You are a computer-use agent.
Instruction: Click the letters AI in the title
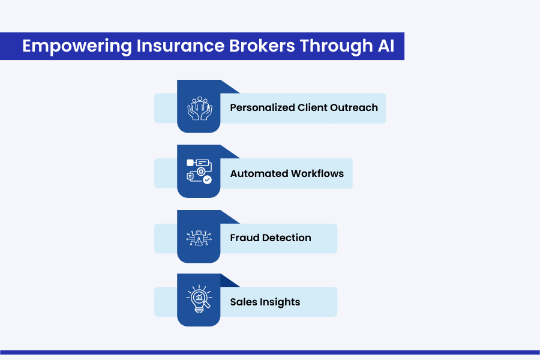[386, 46]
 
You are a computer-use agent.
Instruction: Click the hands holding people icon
[199, 107]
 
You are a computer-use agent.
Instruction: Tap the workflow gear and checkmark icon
[199, 172]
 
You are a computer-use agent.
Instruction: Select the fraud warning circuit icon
[199, 237]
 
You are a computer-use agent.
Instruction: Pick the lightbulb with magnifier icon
[199, 300]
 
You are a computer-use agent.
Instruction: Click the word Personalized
[262, 108]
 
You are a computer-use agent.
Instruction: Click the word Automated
[259, 173]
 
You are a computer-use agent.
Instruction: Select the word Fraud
[245, 238]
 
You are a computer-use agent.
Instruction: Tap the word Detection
[287, 238]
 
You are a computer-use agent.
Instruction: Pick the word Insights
[280, 302]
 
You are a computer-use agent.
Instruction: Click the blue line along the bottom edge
[270, 352]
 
